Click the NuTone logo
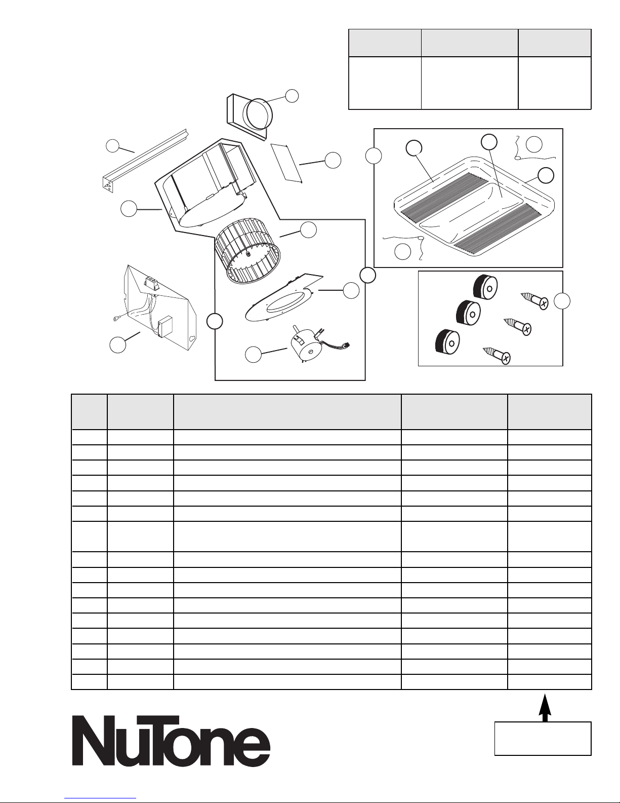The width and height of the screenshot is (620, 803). point(171,741)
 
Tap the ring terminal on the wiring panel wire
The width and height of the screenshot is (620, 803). point(117,319)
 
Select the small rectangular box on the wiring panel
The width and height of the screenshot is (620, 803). point(165,327)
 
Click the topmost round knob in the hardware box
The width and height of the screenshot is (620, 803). point(485,287)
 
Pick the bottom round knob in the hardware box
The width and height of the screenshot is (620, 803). point(447,340)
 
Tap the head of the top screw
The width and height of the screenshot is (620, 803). point(543,303)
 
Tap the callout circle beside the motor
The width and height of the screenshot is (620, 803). point(253,355)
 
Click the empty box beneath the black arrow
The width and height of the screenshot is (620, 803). point(543,738)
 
